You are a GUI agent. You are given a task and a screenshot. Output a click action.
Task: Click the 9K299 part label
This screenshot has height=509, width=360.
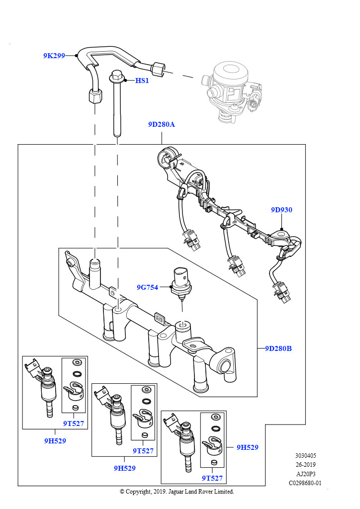tap(54, 56)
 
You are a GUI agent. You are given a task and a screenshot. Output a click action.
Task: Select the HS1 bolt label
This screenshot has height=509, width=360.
tap(142, 80)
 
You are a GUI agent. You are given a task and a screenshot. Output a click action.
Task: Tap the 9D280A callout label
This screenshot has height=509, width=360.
tap(161, 125)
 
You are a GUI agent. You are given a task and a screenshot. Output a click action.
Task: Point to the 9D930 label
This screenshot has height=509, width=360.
tap(281, 210)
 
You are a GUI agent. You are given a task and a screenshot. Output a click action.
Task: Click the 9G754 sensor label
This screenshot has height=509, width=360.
tap(147, 287)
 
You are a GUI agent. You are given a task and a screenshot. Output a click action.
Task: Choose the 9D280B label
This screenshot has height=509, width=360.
tap(278, 348)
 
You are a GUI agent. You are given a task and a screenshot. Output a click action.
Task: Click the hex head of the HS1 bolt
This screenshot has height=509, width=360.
tap(116, 77)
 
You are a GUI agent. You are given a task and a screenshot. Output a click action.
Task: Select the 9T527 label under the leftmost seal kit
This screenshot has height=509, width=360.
tap(73, 424)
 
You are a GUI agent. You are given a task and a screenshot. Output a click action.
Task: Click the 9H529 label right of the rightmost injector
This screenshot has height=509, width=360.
tap(247, 447)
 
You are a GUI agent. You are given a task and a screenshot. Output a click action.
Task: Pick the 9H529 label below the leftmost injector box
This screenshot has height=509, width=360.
tap(55, 440)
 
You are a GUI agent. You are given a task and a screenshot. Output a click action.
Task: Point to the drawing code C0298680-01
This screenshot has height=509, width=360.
tap(305, 483)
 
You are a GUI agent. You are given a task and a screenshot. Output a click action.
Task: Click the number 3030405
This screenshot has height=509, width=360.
tap(305, 455)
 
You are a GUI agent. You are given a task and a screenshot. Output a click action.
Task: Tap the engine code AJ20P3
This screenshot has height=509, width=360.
tap(305, 474)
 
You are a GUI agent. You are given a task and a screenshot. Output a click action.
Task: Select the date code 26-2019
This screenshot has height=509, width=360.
tap(305, 464)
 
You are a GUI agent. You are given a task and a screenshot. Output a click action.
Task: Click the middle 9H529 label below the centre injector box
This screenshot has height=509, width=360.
tap(124, 468)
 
